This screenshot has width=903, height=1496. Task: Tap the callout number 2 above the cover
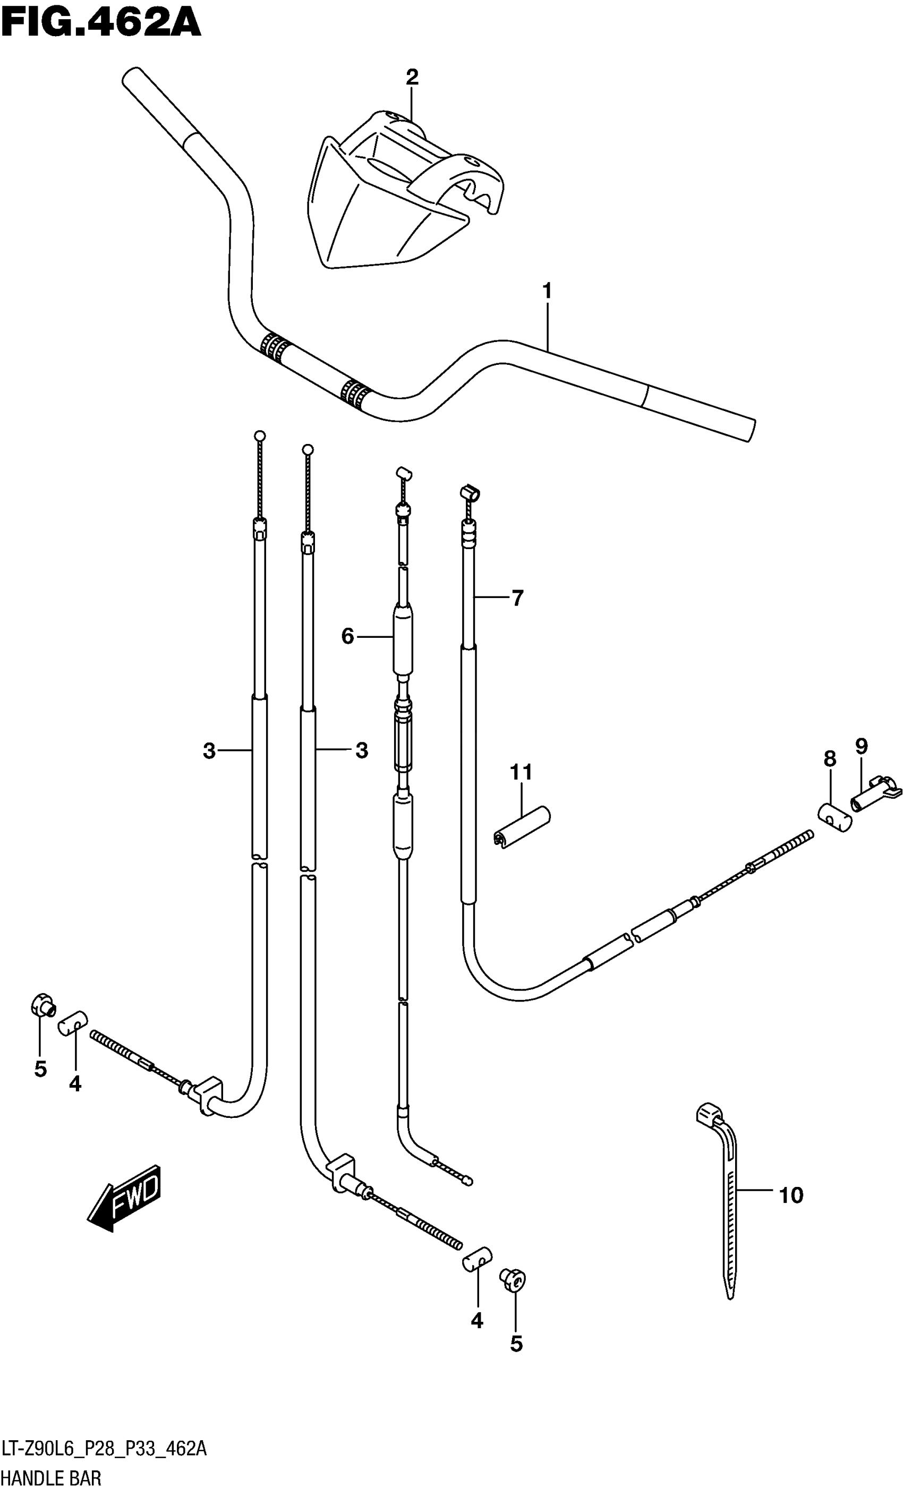pos(412,77)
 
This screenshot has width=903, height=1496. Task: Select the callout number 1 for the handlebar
pos(547,292)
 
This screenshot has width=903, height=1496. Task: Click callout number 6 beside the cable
pos(347,636)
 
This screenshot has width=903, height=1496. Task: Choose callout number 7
pos(517,598)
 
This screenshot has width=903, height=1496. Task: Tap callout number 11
pos(521,772)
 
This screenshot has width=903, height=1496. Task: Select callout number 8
pos(830,759)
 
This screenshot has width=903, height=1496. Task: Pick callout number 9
pos(861,746)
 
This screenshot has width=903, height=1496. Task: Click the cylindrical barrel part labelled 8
pos(836,817)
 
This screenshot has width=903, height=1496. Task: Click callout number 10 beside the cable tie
pos(791,1195)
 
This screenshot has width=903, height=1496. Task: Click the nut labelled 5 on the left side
pos(42,1005)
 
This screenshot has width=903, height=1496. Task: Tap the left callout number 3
pos(209,751)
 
